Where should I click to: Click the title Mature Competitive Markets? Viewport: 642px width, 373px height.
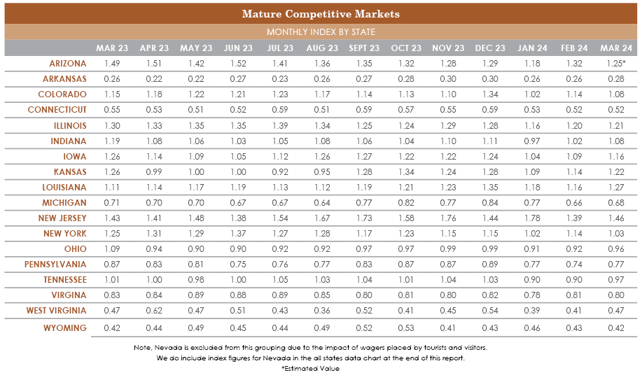[x=321, y=14]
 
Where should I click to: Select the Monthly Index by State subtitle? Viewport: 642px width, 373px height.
[x=321, y=32]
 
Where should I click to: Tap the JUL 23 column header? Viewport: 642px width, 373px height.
[x=280, y=48]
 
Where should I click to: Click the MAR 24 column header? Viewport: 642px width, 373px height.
[x=616, y=48]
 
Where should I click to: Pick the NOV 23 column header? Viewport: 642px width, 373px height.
[x=448, y=48]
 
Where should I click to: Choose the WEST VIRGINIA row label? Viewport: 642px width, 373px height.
[x=57, y=310]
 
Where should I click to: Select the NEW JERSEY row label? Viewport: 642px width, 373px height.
[x=62, y=218]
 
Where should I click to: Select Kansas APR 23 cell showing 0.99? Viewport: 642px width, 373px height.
[x=154, y=171]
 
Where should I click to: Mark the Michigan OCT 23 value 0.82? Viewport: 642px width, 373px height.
[x=406, y=203]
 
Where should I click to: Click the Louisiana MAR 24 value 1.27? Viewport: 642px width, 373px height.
[x=616, y=188]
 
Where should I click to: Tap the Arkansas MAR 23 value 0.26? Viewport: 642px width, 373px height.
[x=112, y=79]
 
